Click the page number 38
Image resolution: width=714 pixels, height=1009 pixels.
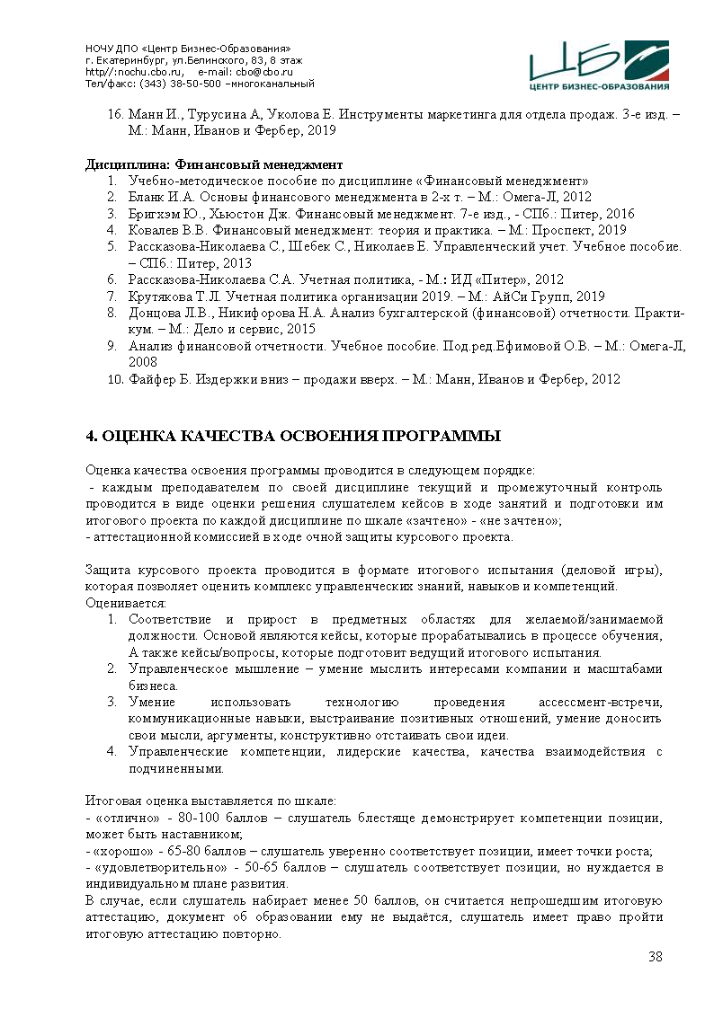656,956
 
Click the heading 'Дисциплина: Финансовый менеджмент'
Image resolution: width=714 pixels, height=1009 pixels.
214,164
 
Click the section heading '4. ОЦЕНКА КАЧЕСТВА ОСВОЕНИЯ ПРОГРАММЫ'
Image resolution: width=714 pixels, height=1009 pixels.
292,437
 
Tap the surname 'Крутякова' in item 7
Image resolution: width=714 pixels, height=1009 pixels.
159,296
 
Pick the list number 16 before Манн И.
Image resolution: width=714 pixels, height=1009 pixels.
114,115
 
